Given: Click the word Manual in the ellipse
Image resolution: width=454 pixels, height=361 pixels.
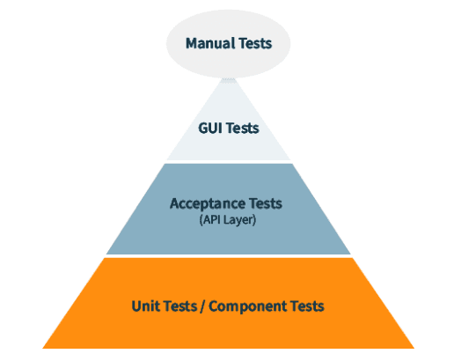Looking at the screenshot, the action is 210,43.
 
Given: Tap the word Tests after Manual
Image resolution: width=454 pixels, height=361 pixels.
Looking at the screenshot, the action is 255,43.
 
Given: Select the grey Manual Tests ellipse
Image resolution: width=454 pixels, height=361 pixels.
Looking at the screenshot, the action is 229,44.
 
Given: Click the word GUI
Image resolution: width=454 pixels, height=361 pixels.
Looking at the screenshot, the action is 209,128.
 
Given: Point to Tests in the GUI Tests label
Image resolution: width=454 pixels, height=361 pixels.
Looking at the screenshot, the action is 242,128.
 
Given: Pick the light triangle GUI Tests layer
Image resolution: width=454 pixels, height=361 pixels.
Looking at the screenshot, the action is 229,129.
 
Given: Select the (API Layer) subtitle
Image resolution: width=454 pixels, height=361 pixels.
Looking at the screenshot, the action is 228,219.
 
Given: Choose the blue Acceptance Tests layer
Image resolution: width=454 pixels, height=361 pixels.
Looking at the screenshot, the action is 229,209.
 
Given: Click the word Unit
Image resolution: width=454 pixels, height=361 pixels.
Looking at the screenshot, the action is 143,306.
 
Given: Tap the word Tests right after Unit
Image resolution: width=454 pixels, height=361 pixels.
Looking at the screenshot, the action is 180,306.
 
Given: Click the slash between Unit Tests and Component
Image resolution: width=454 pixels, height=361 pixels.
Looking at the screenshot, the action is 202,306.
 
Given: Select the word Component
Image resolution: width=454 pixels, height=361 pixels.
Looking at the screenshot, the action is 248,306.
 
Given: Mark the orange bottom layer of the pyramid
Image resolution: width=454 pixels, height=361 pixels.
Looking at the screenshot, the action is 229,303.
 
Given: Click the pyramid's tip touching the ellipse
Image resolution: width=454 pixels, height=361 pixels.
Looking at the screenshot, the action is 228,78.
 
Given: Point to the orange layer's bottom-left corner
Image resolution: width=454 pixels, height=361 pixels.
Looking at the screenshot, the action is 42,349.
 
